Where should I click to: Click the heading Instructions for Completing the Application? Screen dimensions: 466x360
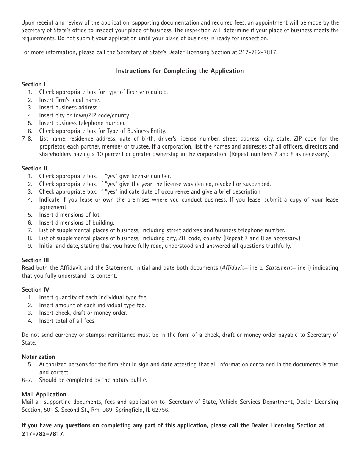click(x=180, y=71)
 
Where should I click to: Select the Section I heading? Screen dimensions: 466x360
click(x=33, y=84)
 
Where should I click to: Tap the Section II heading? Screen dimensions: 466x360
click(x=34, y=168)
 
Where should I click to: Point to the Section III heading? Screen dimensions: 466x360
click(x=35, y=260)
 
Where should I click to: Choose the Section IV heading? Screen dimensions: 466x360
click(x=35, y=289)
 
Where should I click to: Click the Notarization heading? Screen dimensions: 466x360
click(x=38, y=357)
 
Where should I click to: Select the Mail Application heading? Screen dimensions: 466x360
click(x=44, y=394)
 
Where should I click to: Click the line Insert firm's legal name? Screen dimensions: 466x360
click(x=69, y=100)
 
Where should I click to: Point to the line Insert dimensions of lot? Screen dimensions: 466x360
click(x=70, y=215)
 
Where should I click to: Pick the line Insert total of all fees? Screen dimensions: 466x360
click(x=67, y=321)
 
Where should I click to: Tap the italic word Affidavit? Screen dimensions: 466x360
click(x=233, y=268)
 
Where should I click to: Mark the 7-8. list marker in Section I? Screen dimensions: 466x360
click(x=27, y=139)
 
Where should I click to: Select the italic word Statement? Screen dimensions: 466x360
click(x=279, y=268)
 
